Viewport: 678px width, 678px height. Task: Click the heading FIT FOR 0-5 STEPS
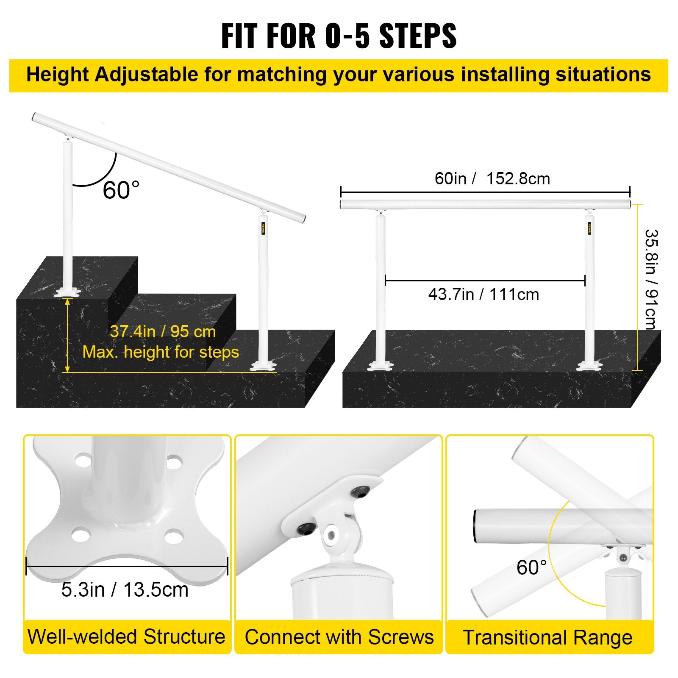pyautogui.click(x=339, y=36)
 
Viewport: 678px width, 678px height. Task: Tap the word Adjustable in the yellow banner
pyautogui.click(x=146, y=75)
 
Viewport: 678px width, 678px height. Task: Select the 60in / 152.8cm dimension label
pyautogui.click(x=492, y=178)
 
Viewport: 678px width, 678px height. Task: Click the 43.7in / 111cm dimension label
pyautogui.click(x=483, y=294)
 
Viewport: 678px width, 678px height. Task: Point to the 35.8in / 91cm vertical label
pyautogui.click(x=650, y=280)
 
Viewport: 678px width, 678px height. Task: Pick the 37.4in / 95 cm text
pyautogui.click(x=163, y=331)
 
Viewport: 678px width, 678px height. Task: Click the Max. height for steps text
pyautogui.click(x=161, y=352)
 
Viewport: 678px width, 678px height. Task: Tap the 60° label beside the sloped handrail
pyautogui.click(x=121, y=190)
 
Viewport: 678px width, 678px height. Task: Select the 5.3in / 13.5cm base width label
pyautogui.click(x=125, y=589)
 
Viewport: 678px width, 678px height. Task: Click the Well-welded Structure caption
pyautogui.click(x=126, y=636)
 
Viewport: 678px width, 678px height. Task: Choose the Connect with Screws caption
pyautogui.click(x=339, y=637)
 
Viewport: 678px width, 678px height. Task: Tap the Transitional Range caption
pyautogui.click(x=547, y=637)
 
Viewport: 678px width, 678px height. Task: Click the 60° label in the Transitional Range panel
pyautogui.click(x=531, y=567)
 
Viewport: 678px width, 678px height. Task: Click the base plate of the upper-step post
pyautogui.click(x=67, y=292)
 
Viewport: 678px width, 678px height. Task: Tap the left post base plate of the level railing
pyautogui.click(x=380, y=365)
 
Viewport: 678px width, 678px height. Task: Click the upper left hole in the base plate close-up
pyautogui.click(x=83, y=459)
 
